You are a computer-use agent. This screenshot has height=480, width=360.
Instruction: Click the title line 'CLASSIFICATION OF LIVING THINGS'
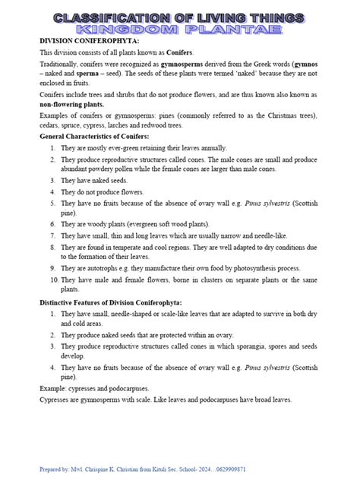[x=179, y=17]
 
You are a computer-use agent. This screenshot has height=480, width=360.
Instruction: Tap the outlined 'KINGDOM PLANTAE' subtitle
[x=179, y=29]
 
